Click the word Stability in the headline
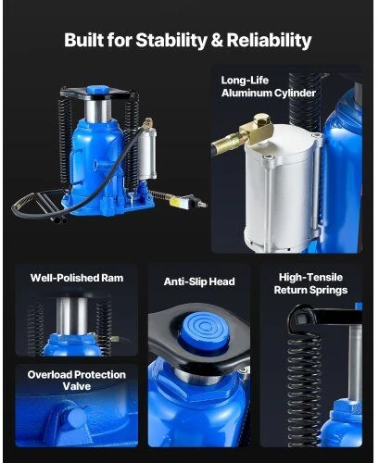coord(171,41)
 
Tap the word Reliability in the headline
coord(269,41)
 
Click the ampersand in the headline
coord(217,41)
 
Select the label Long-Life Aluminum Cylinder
coord(268,87)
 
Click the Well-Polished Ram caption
coord(77,278)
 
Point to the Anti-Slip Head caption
coord(199,282)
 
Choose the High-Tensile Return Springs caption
coord(310,283)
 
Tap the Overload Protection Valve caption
coord(77,381)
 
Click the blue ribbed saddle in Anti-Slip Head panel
coord(205,332)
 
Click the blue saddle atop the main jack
coord(97,90)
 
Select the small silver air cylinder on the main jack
coord(147,154)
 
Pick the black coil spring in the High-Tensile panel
coord(303,386)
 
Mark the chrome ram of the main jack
coord(97,110)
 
